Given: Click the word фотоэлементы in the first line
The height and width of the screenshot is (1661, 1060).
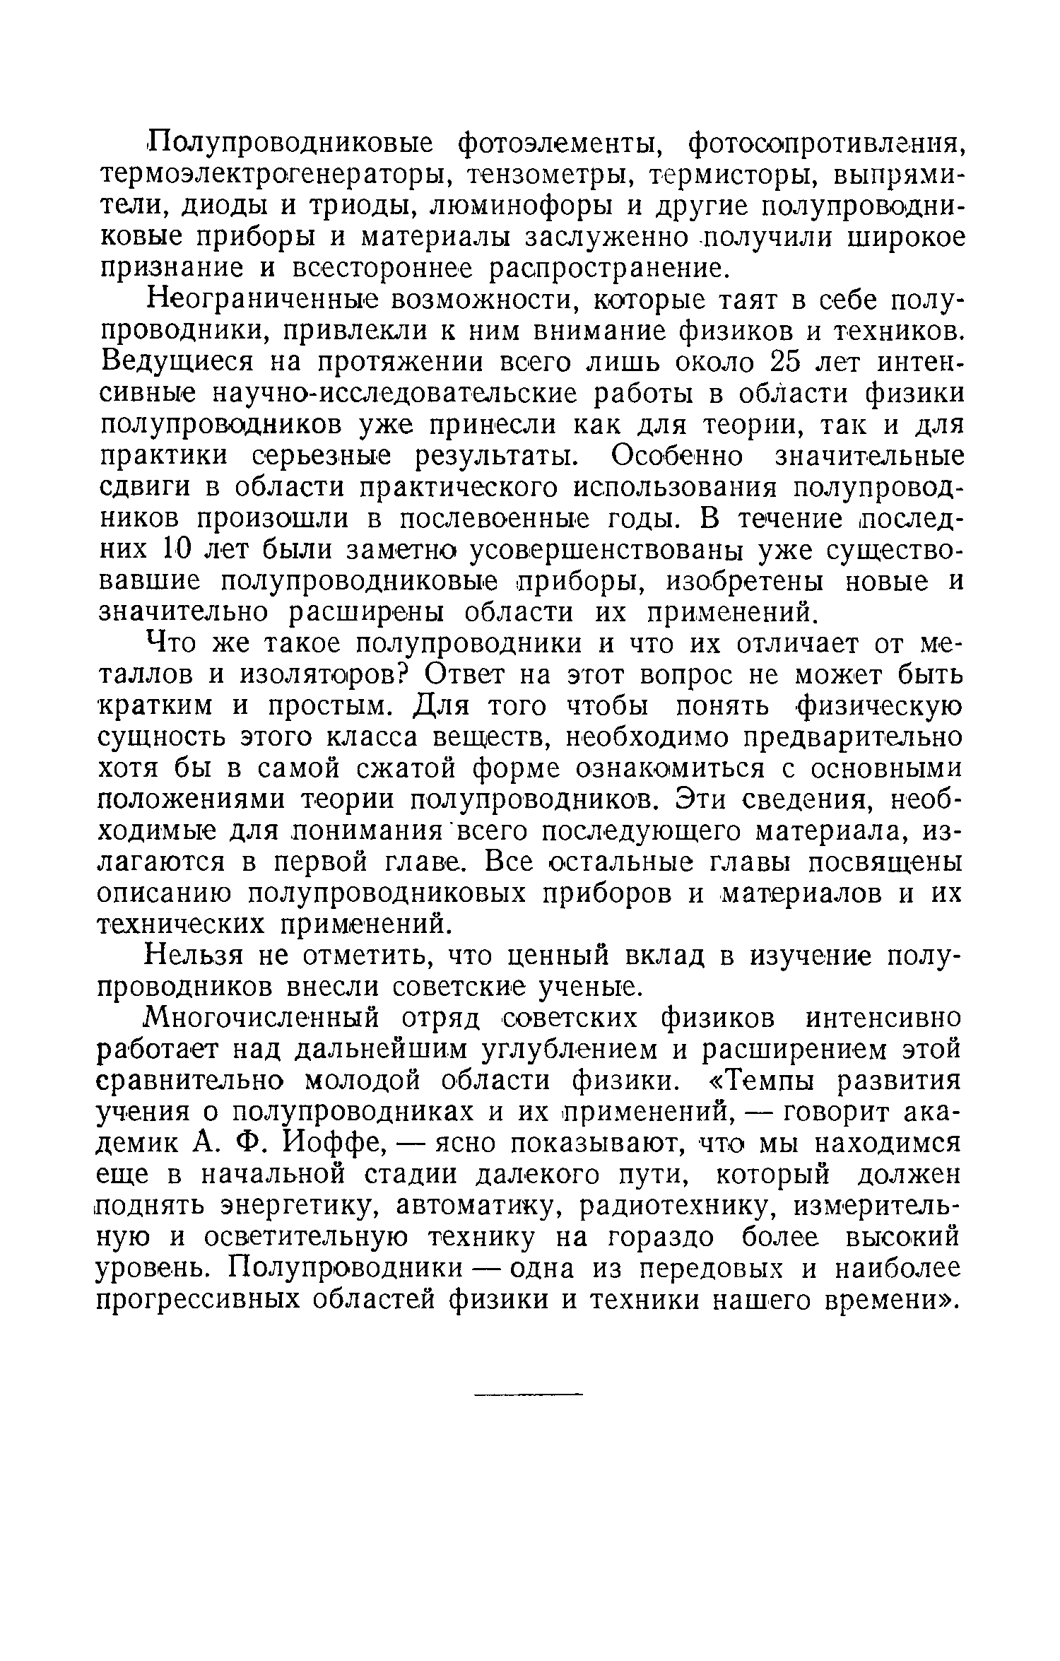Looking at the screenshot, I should click(x=559, y=146).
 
